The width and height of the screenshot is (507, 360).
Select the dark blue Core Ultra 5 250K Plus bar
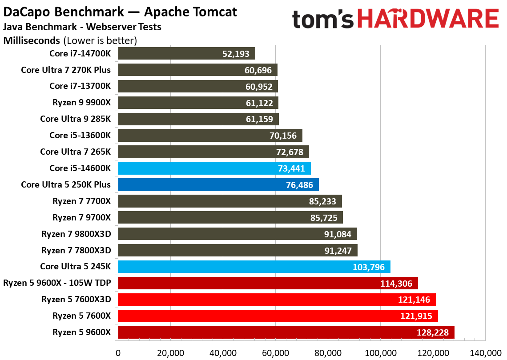coord(218,185)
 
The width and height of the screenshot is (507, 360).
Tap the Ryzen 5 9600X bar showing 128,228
coord(286,332)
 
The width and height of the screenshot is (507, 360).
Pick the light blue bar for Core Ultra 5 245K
coord(253,267)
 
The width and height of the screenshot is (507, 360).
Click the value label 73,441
coord(293,168)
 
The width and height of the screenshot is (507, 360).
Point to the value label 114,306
coord(399,284)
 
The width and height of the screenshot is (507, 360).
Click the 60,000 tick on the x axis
coord(275,353)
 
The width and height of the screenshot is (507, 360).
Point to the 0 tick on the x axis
coord(118,353)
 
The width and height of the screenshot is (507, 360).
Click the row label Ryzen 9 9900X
coord(81,103)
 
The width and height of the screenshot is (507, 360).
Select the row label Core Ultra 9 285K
coord(75,119)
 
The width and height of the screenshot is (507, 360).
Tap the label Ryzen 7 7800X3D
coord(76,251)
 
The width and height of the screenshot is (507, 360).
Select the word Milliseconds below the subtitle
coord(32,41)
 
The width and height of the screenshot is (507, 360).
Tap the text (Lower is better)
coord(100,41)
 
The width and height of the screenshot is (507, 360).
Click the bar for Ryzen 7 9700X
coord(230,218)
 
